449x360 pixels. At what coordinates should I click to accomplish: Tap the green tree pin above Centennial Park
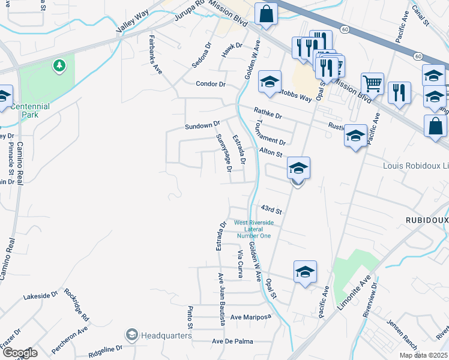59,65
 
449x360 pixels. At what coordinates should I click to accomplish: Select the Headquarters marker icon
131,334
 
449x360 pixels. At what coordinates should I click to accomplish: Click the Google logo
20,352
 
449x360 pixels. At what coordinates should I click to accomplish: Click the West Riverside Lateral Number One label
253,229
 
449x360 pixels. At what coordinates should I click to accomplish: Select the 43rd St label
271,209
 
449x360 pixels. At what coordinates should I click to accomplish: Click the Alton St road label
271,154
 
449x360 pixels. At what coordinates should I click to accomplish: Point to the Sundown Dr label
199,125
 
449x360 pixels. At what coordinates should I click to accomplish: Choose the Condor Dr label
211,84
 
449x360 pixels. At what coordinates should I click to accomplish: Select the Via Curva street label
239,265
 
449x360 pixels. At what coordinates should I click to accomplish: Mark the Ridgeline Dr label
106,348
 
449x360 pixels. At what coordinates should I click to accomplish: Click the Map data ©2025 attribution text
423,355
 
